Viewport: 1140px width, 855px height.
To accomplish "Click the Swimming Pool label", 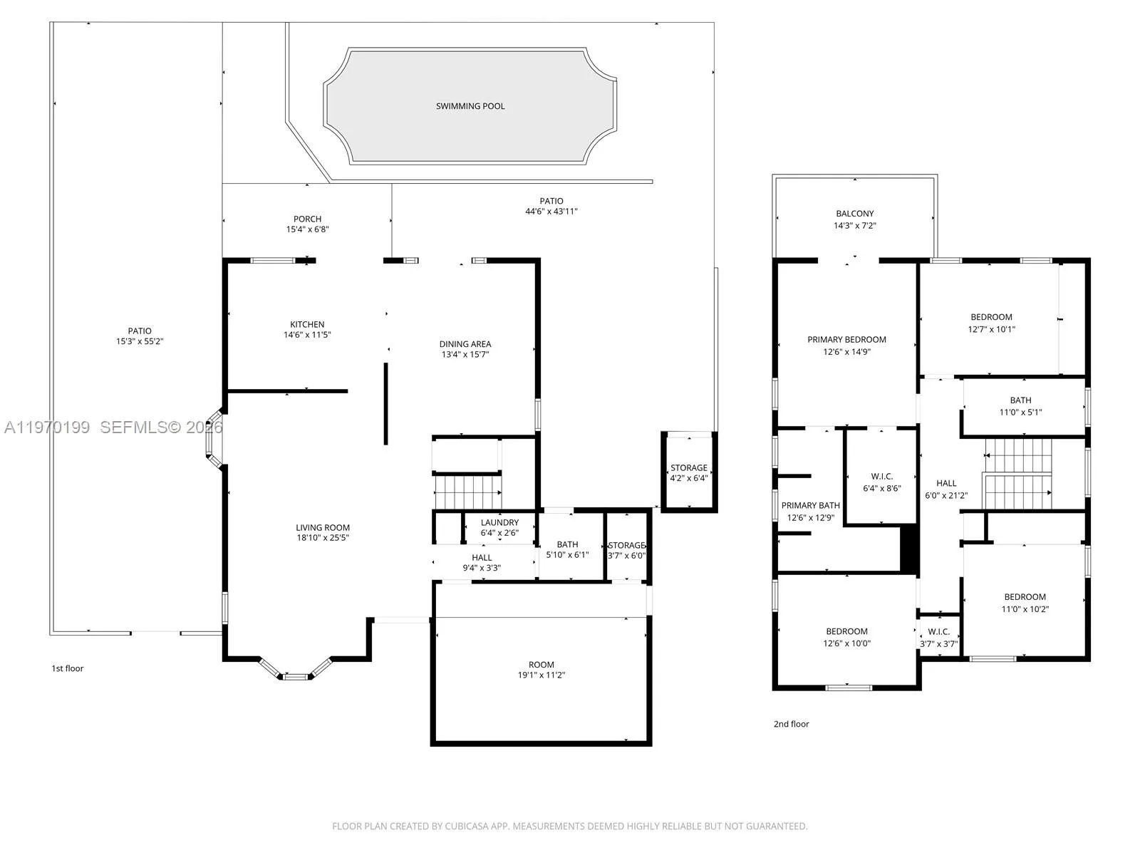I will click(x=470, y=106).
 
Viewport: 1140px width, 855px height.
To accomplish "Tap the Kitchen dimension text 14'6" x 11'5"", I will click(x=307, y=335).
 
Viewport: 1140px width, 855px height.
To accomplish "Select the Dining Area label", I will click(x=465, y=344).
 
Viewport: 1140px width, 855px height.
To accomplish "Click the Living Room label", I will click(x=323, y=528).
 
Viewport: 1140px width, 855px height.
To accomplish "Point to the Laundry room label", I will click(x=499, y=523).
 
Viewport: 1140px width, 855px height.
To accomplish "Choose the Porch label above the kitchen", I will click(x=307, y=219).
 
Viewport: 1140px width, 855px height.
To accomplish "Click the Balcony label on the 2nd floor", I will click(x=855, y=214).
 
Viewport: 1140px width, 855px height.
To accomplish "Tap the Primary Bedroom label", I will click(x=846, y=340).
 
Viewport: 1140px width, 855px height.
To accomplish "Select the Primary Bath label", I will click(x=810, y=506).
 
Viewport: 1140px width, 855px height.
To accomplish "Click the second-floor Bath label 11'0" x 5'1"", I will click(x=1020, y=400).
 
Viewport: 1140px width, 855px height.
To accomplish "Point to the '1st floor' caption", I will click(x=68, y=668).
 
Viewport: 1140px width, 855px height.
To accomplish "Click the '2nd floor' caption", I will click(x=791, y=724).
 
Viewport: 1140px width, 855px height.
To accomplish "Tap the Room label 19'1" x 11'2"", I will click(x=541, y=665).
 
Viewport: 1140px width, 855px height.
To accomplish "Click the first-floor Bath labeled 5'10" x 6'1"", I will click(x=567, y=545).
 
